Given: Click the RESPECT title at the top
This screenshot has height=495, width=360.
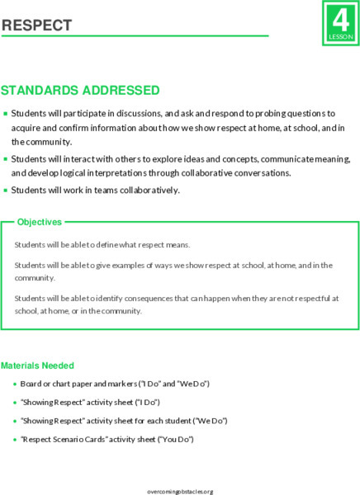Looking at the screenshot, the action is click(36, 26).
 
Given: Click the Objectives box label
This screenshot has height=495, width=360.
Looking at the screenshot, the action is click(39, 222).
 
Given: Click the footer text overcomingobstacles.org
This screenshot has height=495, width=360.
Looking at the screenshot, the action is click(179, 491).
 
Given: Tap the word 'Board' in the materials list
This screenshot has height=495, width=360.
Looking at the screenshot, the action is click(31, 384).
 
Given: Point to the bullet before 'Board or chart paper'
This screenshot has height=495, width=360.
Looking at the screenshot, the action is click(14, 384).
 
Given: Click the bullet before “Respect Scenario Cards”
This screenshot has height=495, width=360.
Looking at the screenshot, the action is click(14, 439).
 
